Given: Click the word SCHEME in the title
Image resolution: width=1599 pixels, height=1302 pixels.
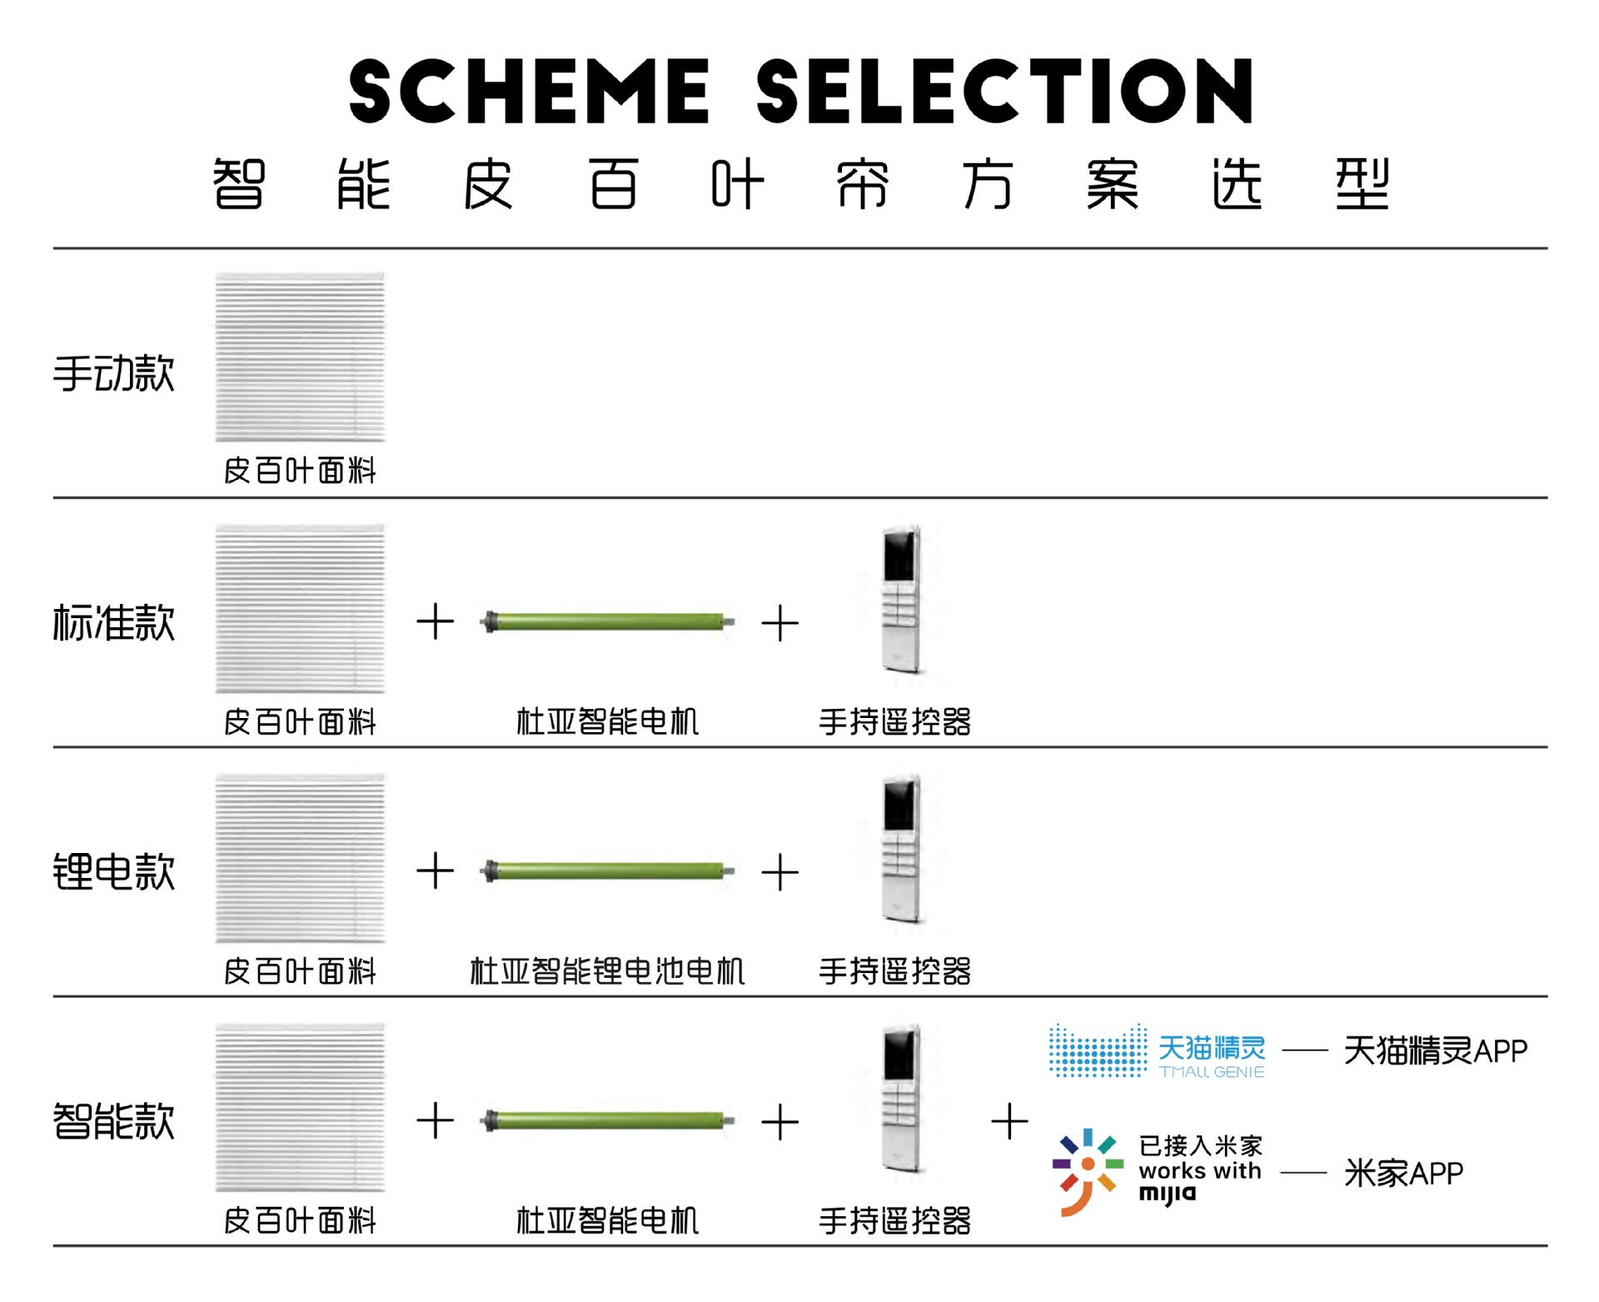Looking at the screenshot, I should coord(529,92).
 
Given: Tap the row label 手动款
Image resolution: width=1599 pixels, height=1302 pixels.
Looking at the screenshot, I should coord(114,373).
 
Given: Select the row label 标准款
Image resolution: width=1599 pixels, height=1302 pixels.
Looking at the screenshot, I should coord(114,623).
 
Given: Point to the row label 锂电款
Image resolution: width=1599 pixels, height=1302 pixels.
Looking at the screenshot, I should coord(114,872).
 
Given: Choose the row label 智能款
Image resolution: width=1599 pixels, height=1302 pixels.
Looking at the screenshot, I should coord(114,1121).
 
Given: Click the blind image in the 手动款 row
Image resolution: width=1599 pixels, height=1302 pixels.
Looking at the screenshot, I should coord(300,357).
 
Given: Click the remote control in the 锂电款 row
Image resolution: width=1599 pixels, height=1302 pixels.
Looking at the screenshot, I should coord(901,850).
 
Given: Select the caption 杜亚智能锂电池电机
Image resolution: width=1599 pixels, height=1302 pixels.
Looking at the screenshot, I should coord(607,971).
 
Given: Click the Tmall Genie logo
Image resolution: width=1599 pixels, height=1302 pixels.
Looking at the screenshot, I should coord(1157,1051).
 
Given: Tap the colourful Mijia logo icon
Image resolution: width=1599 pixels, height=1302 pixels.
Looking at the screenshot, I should coord(1088,1171).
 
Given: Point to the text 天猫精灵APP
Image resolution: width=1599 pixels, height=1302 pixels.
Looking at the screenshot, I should coord(1435,1051).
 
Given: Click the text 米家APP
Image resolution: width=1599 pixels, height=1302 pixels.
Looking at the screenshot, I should coord(1403,1173).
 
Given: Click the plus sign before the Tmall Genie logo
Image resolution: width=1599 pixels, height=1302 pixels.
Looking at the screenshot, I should coord(1009,1121).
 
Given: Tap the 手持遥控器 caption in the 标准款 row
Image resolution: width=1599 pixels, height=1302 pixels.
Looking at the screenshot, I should coord(894,722).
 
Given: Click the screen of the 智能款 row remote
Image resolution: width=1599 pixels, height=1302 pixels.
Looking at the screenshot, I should coord(899,1053).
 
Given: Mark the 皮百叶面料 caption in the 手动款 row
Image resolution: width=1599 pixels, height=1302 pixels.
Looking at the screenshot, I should coord(300,471).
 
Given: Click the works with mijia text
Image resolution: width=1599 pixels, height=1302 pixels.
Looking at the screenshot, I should coord(1200,1171).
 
